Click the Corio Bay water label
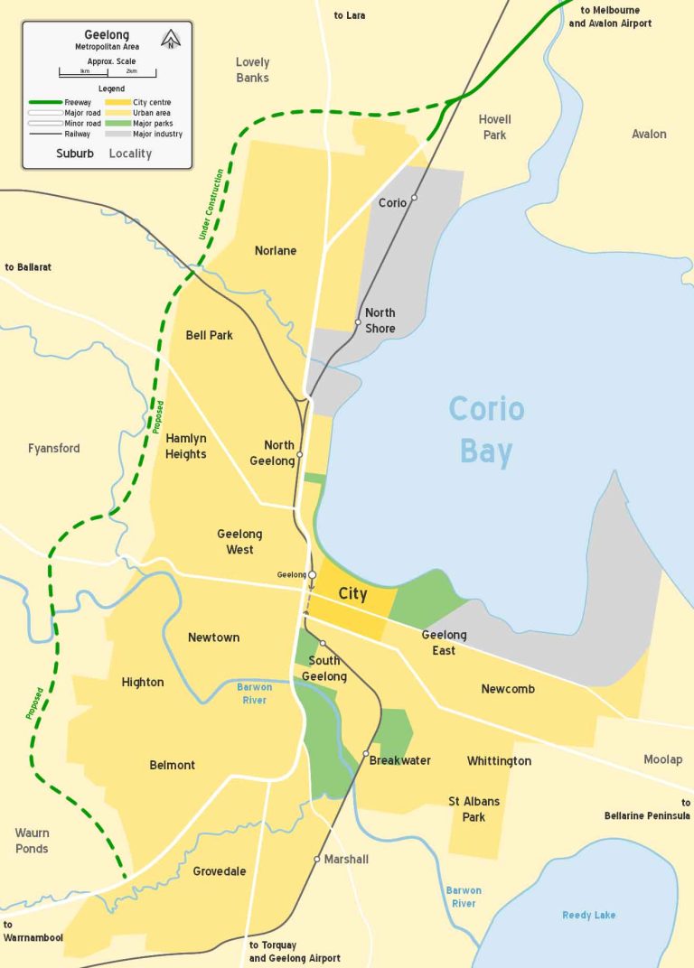[486, 430]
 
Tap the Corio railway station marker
[415, 198]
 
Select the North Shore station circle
[358, 322]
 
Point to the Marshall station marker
[317, 859]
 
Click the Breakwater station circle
[366, 753]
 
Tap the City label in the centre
[352, 594]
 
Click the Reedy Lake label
[588, 915]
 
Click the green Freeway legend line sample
[43, 103]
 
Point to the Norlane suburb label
[276, 250]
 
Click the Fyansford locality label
[53, 448]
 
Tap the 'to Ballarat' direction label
[28, 267]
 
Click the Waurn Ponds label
[32, 841]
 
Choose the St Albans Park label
[474, 809]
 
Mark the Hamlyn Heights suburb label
[185, 446]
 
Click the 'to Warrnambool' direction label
[33, 931]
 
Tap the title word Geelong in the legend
[107, 34]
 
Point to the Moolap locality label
[662, 759]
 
